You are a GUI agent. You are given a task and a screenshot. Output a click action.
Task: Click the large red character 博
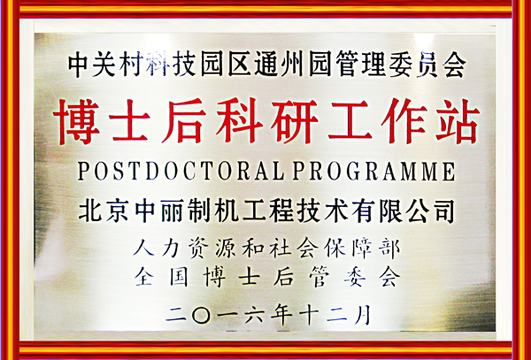point(76,121)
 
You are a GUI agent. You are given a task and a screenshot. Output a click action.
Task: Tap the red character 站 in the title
point(458,121)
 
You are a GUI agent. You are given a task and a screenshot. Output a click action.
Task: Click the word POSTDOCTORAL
point(181,172)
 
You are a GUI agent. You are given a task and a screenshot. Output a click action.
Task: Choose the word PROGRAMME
point(373,172)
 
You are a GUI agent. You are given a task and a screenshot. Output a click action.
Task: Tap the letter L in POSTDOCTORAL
point(279,172)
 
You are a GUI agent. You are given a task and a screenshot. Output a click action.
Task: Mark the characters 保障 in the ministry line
point(345,249)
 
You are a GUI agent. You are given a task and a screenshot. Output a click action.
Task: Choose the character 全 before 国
point(144,277)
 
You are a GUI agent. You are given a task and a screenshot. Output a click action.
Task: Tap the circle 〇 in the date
point(201,316)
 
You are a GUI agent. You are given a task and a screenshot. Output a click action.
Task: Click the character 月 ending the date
point(363,315)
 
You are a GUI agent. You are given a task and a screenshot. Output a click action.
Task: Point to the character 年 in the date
point(281,315)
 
